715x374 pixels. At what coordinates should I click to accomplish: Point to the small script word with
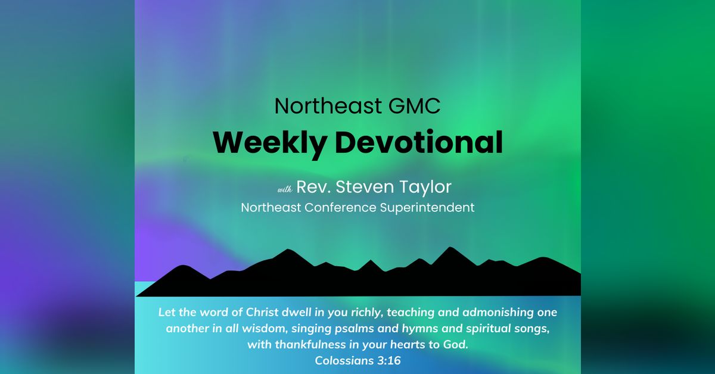point(284,189)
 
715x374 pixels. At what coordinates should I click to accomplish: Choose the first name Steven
point(359,187)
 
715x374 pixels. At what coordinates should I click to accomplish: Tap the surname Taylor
point(424,187)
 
